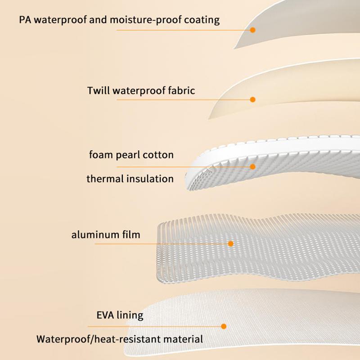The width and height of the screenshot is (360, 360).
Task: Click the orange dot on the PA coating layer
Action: [253, 30]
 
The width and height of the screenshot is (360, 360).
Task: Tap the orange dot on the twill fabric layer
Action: [253, 99]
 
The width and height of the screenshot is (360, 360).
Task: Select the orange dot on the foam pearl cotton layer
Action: [253, 166]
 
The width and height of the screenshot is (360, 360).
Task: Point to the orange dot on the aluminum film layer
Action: [231, 243]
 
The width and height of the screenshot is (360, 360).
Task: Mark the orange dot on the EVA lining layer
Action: [224, 326]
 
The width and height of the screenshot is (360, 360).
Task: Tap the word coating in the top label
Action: [202, 20]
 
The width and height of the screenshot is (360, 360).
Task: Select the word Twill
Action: [98, 90]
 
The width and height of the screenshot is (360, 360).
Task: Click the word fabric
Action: [181, 90]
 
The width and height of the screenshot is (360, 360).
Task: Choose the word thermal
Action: [103, 179]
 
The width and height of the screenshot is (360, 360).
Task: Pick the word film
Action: [130, 234]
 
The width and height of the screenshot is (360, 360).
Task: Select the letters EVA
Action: [105, 315]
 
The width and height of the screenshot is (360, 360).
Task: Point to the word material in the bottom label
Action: [183, 339]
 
